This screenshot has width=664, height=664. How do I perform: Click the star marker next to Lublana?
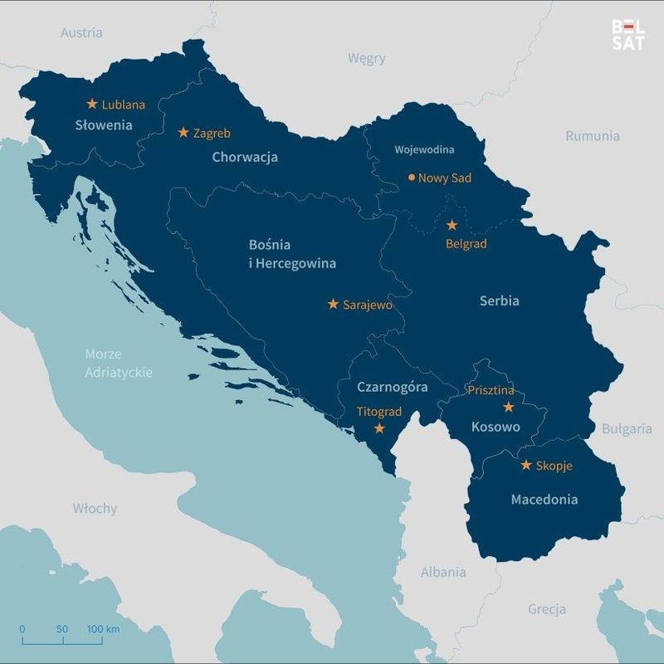pyautogui.click(x=92, y=104)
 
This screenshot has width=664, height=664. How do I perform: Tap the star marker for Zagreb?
pyautogui.click(x=183, y=132)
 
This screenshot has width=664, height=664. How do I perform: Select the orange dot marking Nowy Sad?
pyautogui.click(x=411, y=177)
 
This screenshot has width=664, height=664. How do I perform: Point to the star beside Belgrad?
pyautogui.click(x=452, y=225)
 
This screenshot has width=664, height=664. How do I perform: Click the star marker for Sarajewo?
pyautogui.click(x=333, y=304)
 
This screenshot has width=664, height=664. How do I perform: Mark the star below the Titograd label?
pyautogui.click(x=379, y=428)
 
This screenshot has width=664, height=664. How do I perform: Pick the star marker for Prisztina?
pyautogui.click(x=509, y=407)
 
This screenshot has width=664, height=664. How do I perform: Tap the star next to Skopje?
pyautogui.click(x=525, y=465)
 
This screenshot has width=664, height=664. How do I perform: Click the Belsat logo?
pyautogui.click(x=627, y=35)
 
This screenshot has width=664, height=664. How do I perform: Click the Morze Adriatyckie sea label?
pyautogui.click(x=119, y=364)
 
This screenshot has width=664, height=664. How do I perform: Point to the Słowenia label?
pyautogui.click(x=104, y=126)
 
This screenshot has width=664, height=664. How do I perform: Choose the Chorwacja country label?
pyautogui.click(x=245, y=157)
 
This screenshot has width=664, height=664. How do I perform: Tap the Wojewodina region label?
pyautogui.click(x=424, y=150)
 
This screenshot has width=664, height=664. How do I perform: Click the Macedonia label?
pyautogui.click(x=544, y=500)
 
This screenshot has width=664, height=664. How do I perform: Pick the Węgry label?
pyautogui.click(x=366, y=59)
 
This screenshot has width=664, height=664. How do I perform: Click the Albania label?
pyautogui.click(x=443, y=572)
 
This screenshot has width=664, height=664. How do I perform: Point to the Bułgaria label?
pyautogui.click(x=627, y=429)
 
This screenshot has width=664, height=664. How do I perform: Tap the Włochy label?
pyautogui.click(x=95, y=508)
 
